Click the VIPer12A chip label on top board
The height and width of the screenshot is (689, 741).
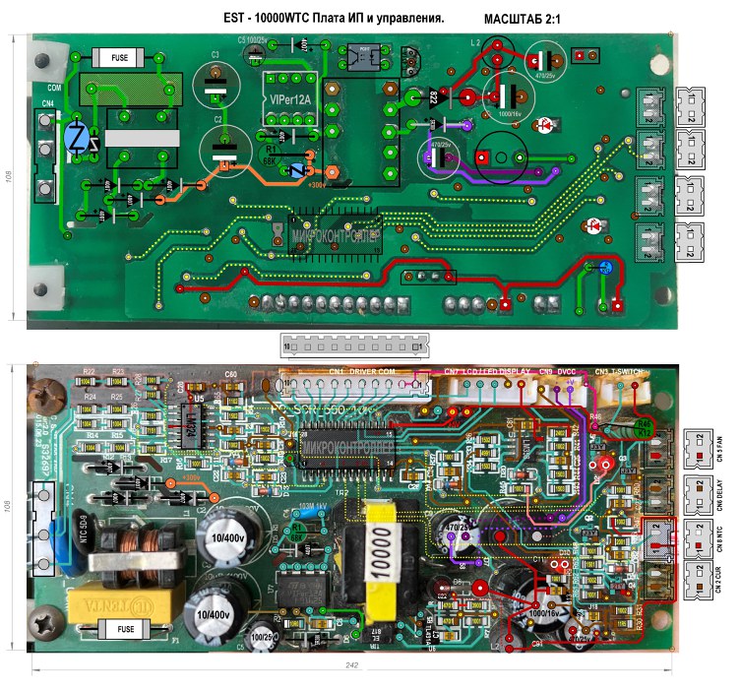pos(288,99)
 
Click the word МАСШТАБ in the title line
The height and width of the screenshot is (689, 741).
pos(520,19)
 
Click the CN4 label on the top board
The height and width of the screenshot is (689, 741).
pos(47,101)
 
